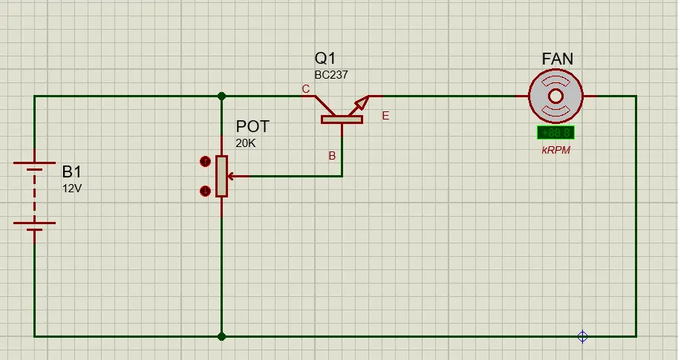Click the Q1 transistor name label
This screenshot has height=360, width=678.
tap(325, 59)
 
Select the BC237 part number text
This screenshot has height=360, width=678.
tap(331, 75)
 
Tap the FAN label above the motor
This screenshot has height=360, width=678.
tap(558, 59)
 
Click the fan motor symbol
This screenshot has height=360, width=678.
tap(555, 96)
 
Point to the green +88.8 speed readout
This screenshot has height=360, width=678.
tap(555, 133)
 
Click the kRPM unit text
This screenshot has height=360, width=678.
tap(555, 151)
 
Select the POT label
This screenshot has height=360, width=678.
tap(252, 127)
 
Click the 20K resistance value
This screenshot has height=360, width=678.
tap(246, 143)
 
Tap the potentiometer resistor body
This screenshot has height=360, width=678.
tap(221, 177)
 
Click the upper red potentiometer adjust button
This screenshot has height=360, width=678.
tap(205, 162)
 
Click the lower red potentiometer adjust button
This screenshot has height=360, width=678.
tap(205, 191)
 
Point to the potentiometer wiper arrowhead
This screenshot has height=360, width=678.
tap(230, 177)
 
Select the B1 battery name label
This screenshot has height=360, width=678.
tap(72, 172)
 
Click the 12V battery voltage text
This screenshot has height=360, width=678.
tap(72, 189)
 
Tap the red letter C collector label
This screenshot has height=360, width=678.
tap(306, 89)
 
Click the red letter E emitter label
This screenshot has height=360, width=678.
tap(385, 116)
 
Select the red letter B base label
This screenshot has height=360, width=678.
tap(332, 156)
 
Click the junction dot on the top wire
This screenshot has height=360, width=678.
tap(221, 96)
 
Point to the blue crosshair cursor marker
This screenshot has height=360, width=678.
tap(582, 336)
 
